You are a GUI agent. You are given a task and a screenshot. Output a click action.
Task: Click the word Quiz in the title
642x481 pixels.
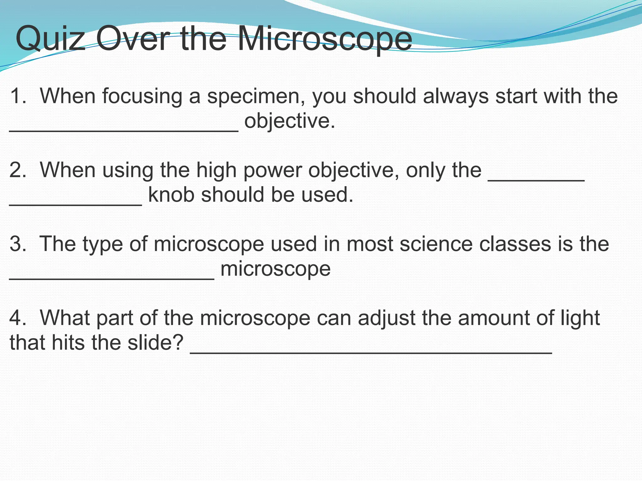coord(50,39)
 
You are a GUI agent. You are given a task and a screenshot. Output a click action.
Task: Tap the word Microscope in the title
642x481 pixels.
coord(324,39)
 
